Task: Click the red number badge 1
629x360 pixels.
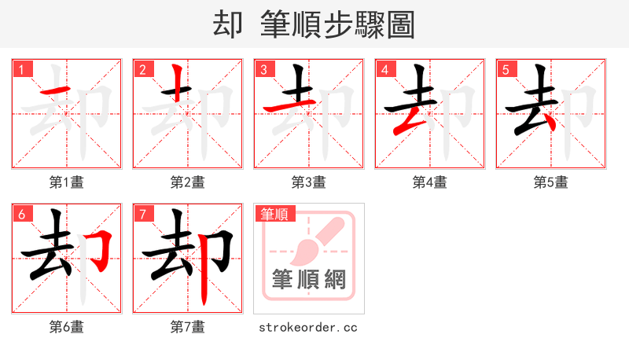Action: pyautogui.click(x=21, y=69)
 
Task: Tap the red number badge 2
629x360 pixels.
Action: pyautogui.click(x=142, y=69)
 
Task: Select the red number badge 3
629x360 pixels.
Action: pyautogui.click(x=263, y=69)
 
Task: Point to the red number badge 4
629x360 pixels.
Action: pyautogui.click(x=384, y=69)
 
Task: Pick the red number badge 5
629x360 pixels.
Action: pyautogui.click(x=506, y=69)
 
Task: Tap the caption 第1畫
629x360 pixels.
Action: pyautogui.click(x=67, y=182)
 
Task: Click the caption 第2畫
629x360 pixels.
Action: pyautogui.click(x=188, y=182)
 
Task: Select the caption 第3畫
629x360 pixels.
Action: pyautogui.click(x=309, y=182)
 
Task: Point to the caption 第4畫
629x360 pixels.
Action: pyautogui.click(x=430, y=182)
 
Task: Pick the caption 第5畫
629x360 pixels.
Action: pyautogui.click(x=551, y=182)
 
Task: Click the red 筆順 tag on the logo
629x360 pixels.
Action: pyautogui.click(x=274, y=214)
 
